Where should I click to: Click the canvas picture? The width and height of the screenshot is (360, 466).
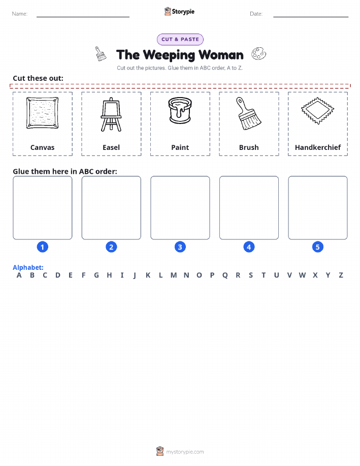42,113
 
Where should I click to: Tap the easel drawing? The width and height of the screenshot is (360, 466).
111,114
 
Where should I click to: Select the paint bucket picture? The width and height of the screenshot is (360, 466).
180,110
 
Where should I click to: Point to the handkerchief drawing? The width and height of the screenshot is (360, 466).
317,111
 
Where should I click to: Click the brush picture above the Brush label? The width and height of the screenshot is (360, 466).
249,113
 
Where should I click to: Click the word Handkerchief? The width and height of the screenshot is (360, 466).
318,147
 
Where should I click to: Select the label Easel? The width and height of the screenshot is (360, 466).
111,147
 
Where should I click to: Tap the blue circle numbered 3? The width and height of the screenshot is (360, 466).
180,247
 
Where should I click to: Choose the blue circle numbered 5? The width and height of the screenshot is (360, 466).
317,247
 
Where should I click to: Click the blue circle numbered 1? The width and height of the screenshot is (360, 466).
43,247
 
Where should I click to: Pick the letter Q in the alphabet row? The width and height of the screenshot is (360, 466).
225,275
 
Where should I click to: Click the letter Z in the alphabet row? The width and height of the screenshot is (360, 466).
341,275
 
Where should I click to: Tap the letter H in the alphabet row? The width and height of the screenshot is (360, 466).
109,275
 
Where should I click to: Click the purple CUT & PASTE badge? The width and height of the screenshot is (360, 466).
180,40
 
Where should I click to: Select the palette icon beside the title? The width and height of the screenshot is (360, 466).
259,53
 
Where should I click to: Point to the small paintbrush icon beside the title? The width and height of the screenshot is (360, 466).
101,54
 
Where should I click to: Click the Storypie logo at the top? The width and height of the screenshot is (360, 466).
179,12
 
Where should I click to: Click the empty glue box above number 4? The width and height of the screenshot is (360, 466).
249,208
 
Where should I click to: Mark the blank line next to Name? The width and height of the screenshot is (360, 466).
83,17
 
